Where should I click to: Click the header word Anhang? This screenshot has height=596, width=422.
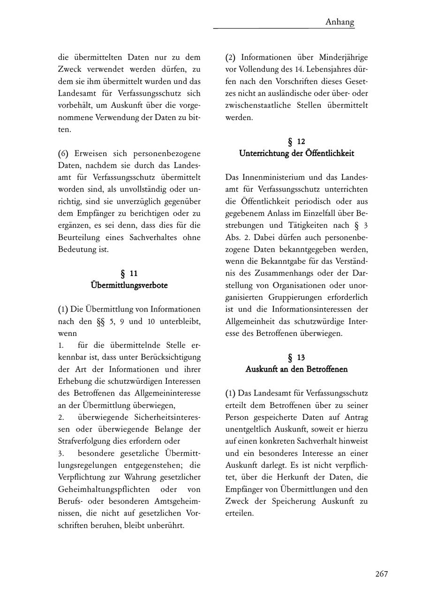(339, 22)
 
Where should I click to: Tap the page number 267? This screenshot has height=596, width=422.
(381, 574)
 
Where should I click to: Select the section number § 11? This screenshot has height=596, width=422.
(129, 273)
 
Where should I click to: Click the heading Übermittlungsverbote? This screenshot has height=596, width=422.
(129, 285)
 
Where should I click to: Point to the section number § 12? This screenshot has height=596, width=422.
(296, 141)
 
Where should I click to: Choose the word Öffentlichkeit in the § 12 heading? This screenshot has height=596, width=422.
(331, 153)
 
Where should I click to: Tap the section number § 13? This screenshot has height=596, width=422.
(296, 357)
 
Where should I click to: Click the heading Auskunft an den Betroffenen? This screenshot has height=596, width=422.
(296, 369)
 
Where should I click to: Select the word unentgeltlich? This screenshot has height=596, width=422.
(253, 429)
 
